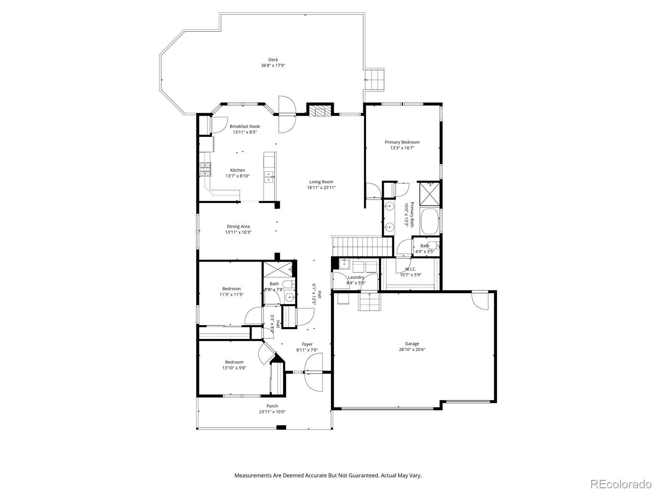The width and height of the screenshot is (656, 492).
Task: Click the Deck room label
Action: (x=273, y=60)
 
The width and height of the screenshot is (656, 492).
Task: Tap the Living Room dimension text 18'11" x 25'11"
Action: (x=321, y=188)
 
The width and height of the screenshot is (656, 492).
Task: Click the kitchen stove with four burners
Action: (x=205, y=169)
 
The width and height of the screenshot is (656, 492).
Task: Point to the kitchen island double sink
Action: (x=269, y=177)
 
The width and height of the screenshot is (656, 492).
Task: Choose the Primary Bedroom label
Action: (x=402, y=142)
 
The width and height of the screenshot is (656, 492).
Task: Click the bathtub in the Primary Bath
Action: (x=429, y=222)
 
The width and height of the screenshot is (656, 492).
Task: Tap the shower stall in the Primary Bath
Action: (x=429, y=194)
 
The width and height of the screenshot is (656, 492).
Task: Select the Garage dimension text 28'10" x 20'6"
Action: (x=412, y=349)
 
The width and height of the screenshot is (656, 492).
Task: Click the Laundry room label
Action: (x=355, y=277)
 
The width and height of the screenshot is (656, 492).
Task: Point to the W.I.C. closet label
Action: (x=410, y=269)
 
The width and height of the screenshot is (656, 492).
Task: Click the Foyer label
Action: (x=307, y=344)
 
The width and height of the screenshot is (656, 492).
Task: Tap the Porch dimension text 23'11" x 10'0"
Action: (x=272, y=412)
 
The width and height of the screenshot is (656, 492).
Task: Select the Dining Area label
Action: (x=238, y=226)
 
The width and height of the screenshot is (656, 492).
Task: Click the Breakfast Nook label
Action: (x=244, y=126)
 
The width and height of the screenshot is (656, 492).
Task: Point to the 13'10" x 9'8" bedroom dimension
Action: (x=234, y=368)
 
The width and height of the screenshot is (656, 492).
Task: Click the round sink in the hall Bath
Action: (x=289, y=297)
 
